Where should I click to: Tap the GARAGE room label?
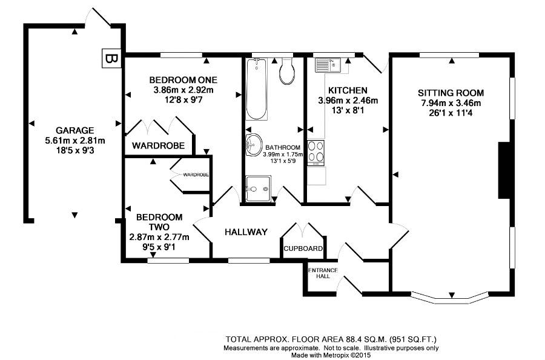point(74,130)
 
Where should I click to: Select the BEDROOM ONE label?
point(183,80)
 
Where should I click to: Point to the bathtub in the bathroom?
point(257,89)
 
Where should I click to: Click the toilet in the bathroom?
point(287,71)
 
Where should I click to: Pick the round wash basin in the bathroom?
point(254,145)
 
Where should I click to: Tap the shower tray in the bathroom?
point(258,189)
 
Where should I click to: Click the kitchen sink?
point(328,65)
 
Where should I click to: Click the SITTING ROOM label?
point(451,93)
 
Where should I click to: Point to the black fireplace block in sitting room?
point(504,170)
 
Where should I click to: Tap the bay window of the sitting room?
point(451,297)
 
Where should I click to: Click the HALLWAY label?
point(246,232)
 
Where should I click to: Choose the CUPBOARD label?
point(303,248)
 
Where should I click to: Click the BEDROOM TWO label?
point(159,222)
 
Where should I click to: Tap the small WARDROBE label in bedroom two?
point(196,175)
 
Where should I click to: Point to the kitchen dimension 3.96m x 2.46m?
point(348,101)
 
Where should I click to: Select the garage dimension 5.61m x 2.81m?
point(75,141)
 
